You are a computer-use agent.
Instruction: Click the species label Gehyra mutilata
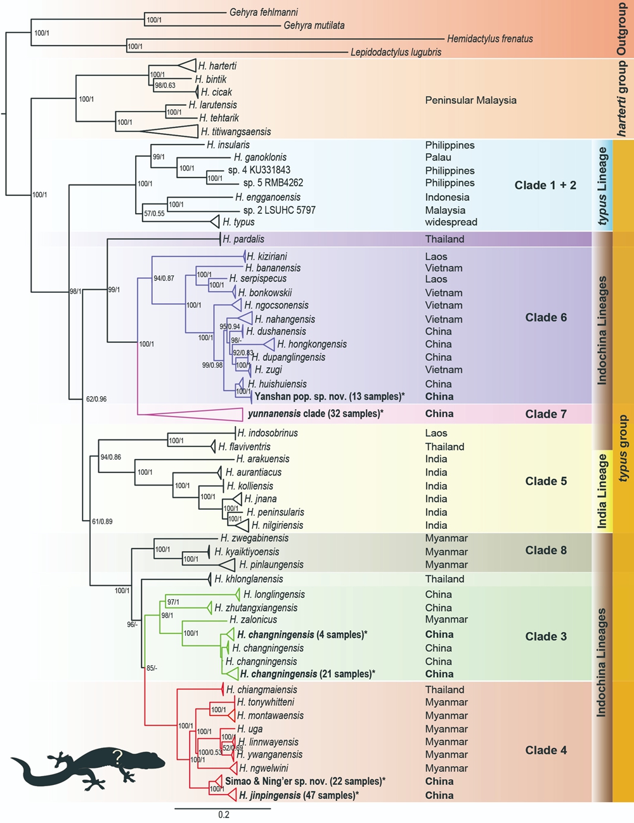[314, 25]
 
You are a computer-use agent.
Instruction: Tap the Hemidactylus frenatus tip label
[489, 39]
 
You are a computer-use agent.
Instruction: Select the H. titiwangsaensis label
[236, 132]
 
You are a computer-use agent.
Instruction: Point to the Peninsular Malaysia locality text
[470, 100]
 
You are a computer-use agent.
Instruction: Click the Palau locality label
[438, 157]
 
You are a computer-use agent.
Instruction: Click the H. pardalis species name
[243, 239]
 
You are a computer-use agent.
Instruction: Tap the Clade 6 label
[546, 318]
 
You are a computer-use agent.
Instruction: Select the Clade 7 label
[546, 414]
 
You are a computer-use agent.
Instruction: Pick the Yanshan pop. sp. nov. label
[329, 396]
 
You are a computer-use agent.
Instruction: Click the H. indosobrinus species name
[267, 433]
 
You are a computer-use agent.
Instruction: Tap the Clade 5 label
[546, 481]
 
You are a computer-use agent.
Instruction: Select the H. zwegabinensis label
[254, 538]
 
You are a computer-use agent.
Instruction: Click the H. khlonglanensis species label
[249, 579]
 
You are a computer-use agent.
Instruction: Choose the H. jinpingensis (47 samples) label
[299, 795]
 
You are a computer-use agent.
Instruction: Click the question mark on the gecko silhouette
[117, 756]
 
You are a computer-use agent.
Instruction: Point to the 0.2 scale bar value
[223, 815]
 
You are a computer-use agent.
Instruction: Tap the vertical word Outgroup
[621, 29]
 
